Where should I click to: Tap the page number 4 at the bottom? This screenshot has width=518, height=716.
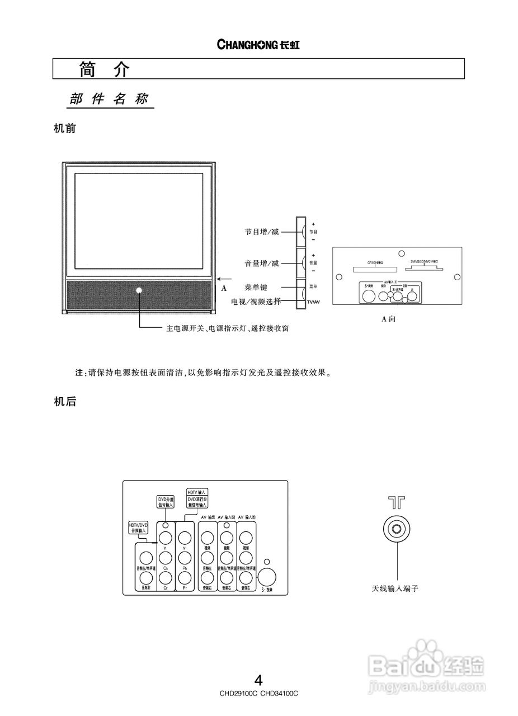point(258,680)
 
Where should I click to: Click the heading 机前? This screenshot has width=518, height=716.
point(64,128)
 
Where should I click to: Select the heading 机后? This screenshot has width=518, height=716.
point(64,401)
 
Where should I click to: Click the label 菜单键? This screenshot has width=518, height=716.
point(256,287)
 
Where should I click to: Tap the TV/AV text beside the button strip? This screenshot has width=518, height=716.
point(313,302)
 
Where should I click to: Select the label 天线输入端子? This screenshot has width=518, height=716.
point(395,588)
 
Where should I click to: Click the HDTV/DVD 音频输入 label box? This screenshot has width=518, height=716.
point(138,527)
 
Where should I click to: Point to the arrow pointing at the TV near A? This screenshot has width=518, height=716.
point(224,279)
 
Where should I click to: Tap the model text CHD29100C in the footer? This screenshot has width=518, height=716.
point(239,693)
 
